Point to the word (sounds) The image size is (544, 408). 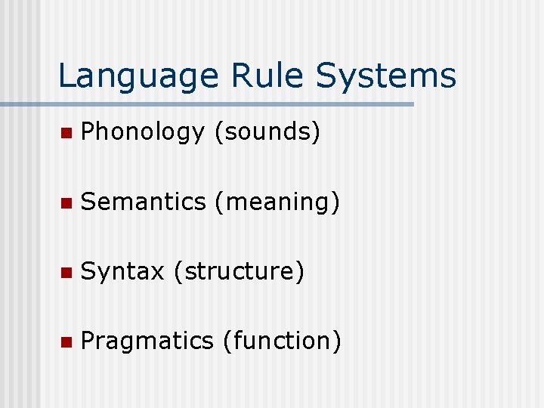[x=268, y=132]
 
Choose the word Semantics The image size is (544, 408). [x=144, y=202]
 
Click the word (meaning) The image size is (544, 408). [x=277, y=202]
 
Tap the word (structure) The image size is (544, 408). [x=239, y=271]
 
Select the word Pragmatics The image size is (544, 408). [x=147, y=341]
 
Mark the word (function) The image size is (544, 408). [x=282, y=341]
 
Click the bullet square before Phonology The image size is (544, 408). [x=66, y=134]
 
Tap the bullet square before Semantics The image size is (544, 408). [x=66, y=203]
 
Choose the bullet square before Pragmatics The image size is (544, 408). [x=66, y=342]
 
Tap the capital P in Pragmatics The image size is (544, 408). [x=88, y=341]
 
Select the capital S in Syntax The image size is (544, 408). [x=88, y=271]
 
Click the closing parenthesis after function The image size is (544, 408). [x=338, y=341]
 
